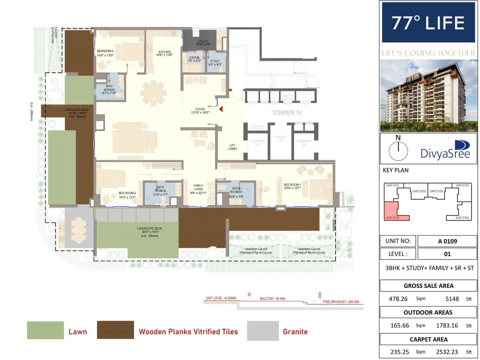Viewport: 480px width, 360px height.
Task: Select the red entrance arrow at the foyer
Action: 221,109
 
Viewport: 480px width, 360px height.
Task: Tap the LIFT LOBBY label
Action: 232,147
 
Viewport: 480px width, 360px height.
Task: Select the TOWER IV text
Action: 287,112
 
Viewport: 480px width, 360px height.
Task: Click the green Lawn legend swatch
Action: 45,330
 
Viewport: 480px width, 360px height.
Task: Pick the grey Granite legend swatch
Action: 263,331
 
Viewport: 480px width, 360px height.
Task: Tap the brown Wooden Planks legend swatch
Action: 115,330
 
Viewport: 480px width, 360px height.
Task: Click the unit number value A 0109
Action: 447,241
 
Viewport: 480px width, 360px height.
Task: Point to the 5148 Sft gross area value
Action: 452,299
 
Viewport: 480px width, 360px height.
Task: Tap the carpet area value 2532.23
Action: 447,352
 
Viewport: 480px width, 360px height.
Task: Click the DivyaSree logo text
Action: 445,153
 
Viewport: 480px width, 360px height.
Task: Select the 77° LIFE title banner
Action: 428,23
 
